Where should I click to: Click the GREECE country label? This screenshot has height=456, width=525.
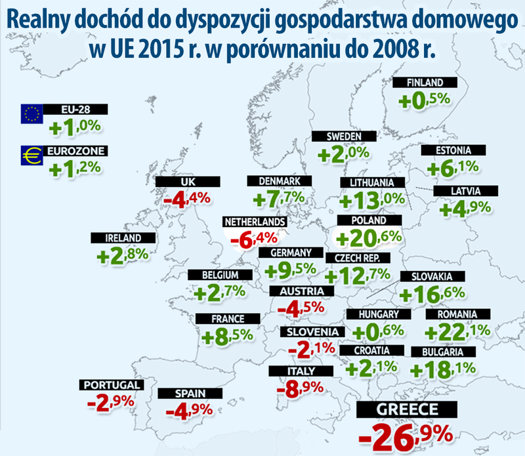[x=406, y=411]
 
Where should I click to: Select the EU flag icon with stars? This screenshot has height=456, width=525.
[x=31, y=114]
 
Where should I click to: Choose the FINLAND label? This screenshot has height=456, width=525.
[x=425, y=83]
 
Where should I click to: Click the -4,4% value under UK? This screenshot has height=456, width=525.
[x=187, y=197]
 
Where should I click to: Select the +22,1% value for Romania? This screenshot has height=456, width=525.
[x=457, y=333]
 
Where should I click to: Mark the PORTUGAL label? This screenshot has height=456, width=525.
[x=110, y=384]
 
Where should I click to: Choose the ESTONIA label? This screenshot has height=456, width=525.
[x=454, y=150]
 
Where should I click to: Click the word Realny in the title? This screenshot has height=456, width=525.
[x=43, y=22]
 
